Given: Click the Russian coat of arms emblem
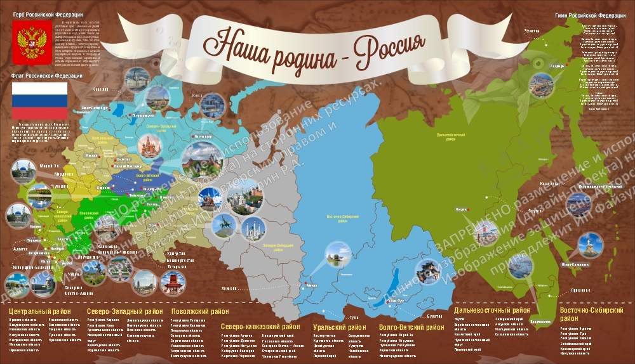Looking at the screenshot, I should coord(30,44).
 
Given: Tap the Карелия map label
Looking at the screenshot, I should coord(101,90).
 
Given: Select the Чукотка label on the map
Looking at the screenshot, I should coord(531,31).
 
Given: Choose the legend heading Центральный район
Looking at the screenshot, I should coord(36,311).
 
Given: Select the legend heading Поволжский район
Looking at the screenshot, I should coord(200,311).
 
